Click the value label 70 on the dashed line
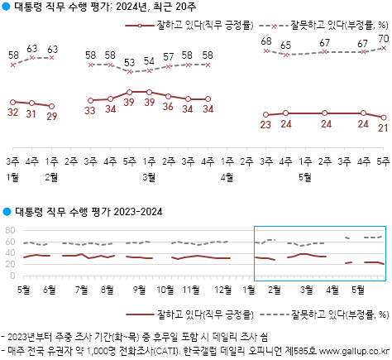tap(383, 38)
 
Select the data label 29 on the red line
tap(52, 116)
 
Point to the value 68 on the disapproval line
tap(266, 41)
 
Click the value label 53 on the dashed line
tap(129, 62)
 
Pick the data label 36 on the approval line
tap(169, 108)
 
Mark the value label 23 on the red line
tap(266, 125)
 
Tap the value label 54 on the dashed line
tap(149, 61)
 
